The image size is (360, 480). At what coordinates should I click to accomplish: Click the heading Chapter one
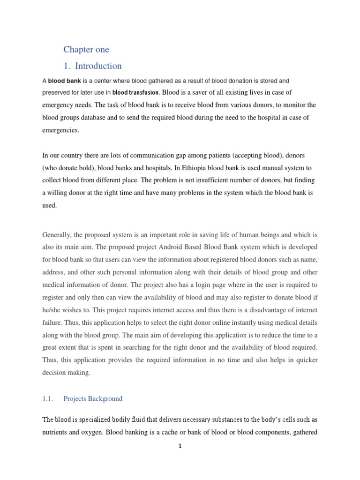[86, 50]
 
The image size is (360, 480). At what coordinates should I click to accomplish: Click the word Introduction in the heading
[98, 66]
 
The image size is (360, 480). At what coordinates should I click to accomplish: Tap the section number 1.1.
[48, 398]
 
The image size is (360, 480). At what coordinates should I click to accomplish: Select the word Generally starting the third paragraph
[58, 234]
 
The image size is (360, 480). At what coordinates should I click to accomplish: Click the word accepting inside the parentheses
[231, 155]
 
